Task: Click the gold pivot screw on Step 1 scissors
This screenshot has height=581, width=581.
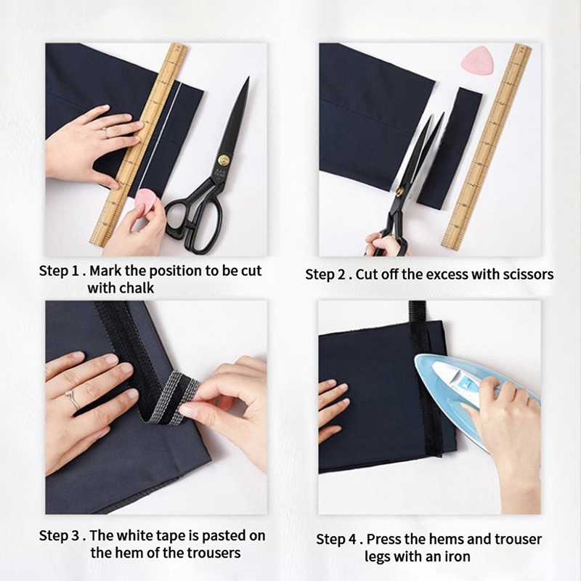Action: point(224,160)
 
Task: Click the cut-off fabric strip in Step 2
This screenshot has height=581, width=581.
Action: point(450,148)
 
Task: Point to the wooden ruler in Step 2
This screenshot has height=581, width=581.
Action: point(487,147)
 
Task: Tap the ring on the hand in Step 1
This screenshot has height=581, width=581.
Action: point(105,132)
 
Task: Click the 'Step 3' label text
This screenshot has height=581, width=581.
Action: point(59,536)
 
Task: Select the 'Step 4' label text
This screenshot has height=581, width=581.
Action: point(336,540)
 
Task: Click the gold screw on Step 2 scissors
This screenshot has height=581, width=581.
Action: point(399,192)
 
